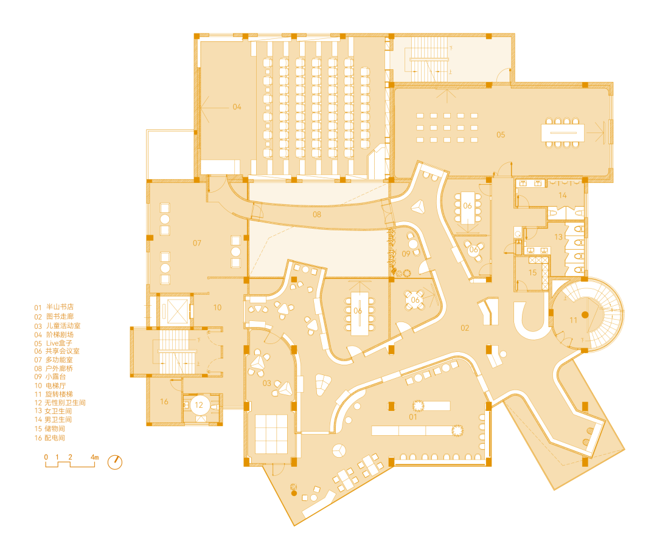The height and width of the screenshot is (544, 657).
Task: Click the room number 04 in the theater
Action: coord(237,107)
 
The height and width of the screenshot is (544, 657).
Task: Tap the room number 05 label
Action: coord(501,135)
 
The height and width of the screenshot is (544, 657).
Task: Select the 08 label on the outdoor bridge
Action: coord(317,215)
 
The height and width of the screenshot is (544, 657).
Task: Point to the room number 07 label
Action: coord(197,243)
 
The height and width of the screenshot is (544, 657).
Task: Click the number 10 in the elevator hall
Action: coord(217,308)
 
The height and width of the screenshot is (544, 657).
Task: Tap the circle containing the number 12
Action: coord(199,405)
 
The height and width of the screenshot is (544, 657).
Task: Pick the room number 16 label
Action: coord(164,402)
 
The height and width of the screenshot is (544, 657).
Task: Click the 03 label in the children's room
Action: coord(266,383)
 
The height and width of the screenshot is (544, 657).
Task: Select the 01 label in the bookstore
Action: coord(412,417)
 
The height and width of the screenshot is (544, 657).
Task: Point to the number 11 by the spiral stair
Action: coord(573,320)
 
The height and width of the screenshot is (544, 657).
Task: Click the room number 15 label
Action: coord(532,273)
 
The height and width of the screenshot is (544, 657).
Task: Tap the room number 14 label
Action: coord(562,195)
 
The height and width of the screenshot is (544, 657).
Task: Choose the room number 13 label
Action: coord(558,237)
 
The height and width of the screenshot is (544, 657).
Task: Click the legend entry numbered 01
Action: coord(54,307)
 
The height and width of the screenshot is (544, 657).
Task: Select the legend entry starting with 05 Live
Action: coord(53,343)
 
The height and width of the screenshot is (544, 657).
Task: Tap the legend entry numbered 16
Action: coord(49,438)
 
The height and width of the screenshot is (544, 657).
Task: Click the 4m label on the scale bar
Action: coord(95,457)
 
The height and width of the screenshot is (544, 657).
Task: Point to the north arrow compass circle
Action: coord(115,463)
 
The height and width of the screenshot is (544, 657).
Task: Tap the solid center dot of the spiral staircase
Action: coord(585,314)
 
